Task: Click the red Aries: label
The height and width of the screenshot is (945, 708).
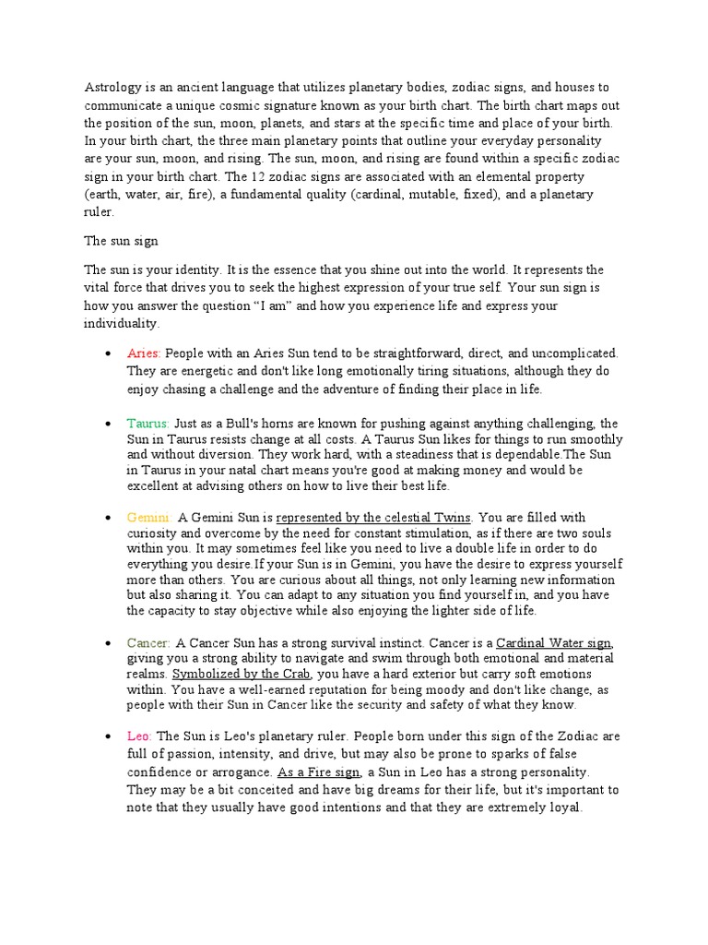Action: coord(144,353)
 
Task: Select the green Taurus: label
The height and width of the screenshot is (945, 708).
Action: coord(147,423)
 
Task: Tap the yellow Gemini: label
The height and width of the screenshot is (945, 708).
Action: coord(148,518)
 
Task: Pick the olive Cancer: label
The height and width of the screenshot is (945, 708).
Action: coord(148,642)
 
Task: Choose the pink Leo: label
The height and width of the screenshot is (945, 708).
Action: coord(140,736)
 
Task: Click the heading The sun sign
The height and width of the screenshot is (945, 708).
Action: coord(122,241)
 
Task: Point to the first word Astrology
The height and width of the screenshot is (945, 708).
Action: coord(113,88)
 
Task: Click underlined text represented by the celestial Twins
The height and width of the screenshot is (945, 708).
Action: coord(374,518)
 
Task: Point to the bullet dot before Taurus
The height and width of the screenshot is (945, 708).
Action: coord(109,424)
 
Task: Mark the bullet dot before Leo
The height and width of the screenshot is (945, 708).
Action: coord(109,737)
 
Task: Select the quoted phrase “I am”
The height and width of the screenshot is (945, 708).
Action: coord(269,306)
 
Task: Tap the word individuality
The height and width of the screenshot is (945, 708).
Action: coord(123,324)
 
